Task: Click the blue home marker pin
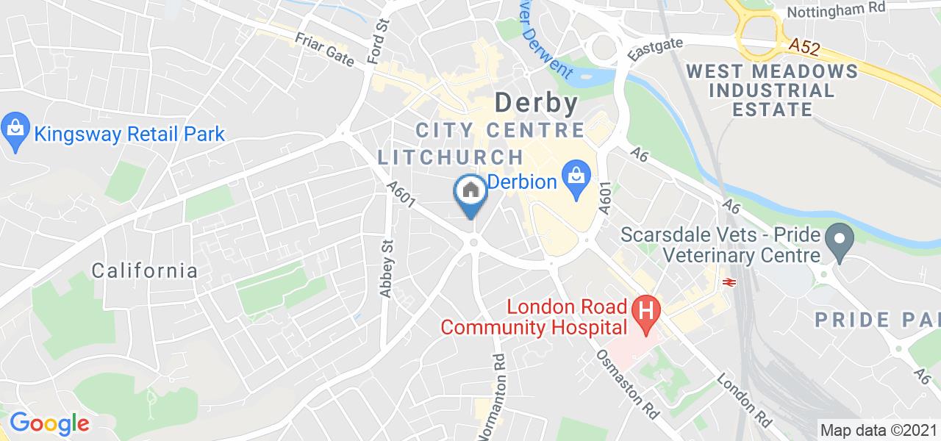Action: point(470,193)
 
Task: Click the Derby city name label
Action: point(536,102)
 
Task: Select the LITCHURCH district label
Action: point(451,157)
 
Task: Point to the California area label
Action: point(145,270)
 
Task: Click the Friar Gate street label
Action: point(325,48)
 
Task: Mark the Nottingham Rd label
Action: point(826,12)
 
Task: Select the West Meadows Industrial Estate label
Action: point(772,90)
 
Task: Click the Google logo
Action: point(49,423)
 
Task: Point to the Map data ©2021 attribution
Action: point(879,430)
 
